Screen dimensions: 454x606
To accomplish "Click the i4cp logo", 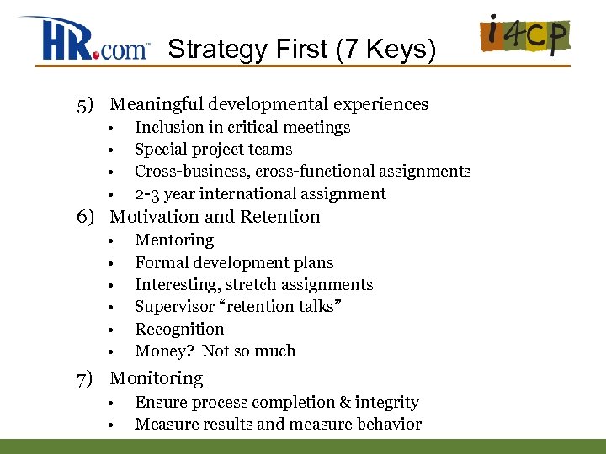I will [524, 37].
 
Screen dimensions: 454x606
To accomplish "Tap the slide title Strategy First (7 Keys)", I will [302, 50].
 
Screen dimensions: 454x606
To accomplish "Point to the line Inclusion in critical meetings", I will [242, 128].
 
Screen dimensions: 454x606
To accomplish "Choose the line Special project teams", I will [213, 150].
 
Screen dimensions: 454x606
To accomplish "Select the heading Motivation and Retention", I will [215, 217].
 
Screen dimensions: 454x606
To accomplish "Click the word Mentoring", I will [174, 240].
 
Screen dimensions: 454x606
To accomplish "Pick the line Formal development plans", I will [234, 262].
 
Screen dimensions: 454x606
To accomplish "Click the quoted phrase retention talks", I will [277, 307].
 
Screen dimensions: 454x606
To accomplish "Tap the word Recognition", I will [179, 329].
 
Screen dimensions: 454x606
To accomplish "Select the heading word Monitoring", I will [157, 379].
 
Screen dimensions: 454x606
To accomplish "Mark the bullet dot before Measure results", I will [110, 425].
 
